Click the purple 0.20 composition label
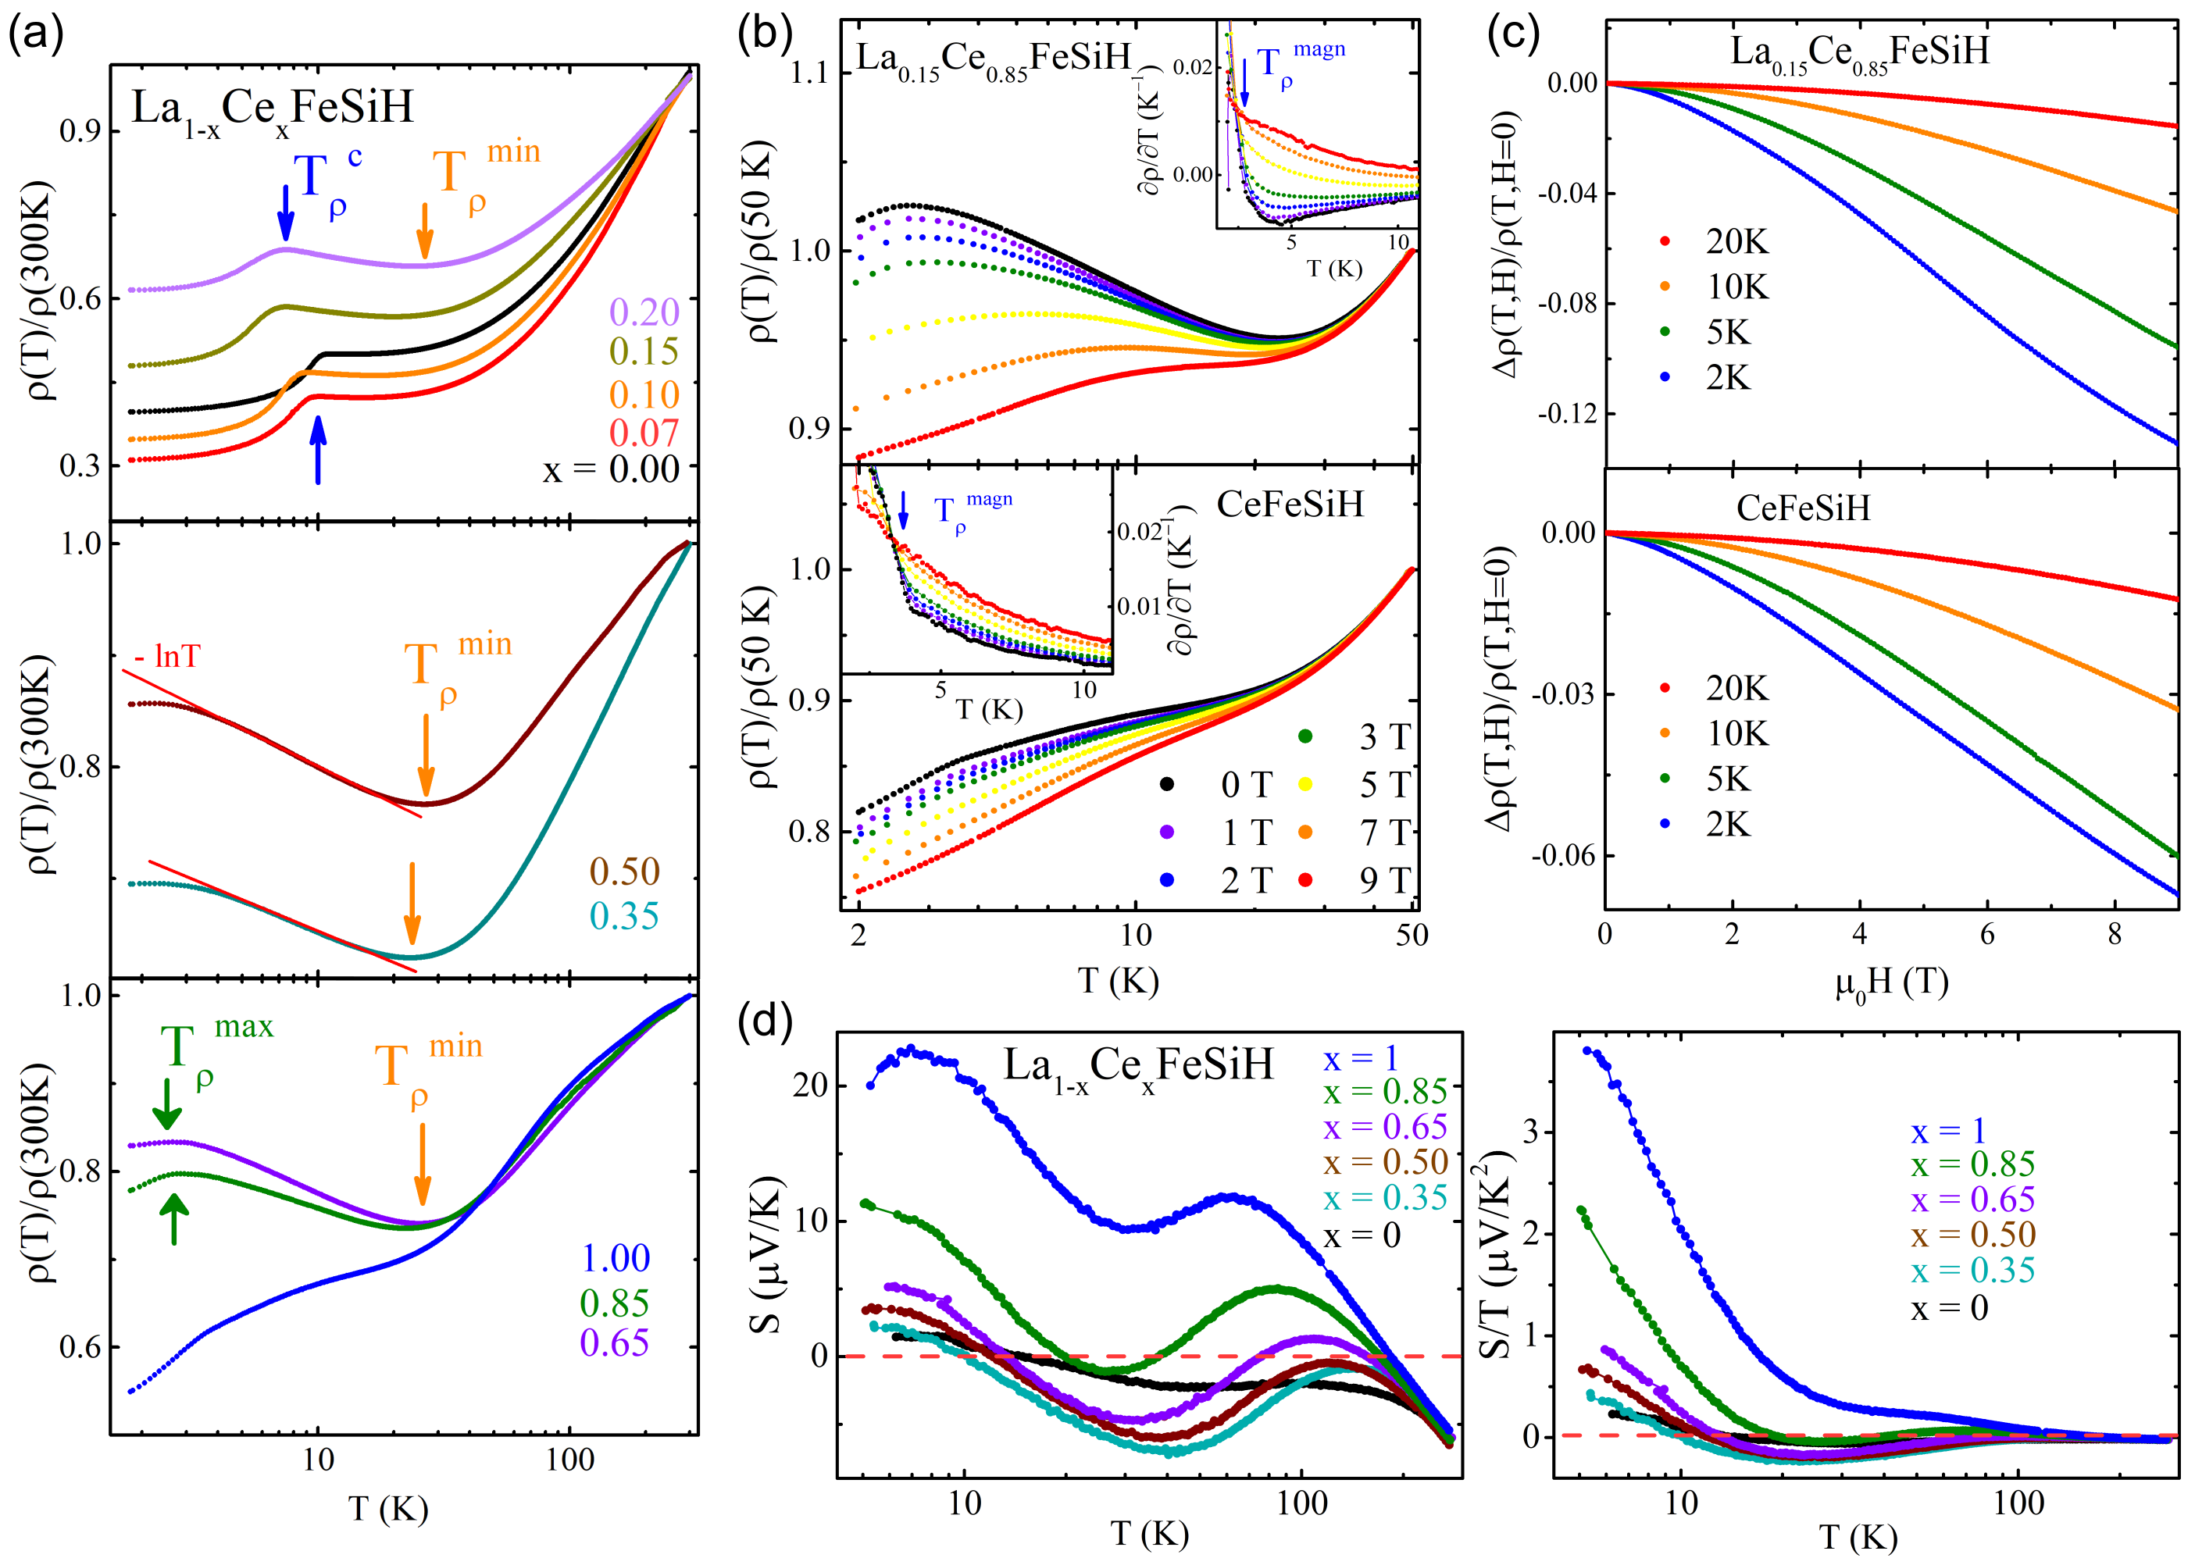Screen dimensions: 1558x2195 [644, 312]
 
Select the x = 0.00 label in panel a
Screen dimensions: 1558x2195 [611, 470]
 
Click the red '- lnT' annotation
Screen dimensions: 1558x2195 [168, 656]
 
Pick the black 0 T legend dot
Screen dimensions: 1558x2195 [1166, 785]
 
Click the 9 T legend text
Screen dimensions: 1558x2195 [1384, 879]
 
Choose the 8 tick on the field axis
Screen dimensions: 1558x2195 [2115, 935]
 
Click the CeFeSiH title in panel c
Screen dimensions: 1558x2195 [1803, 508]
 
